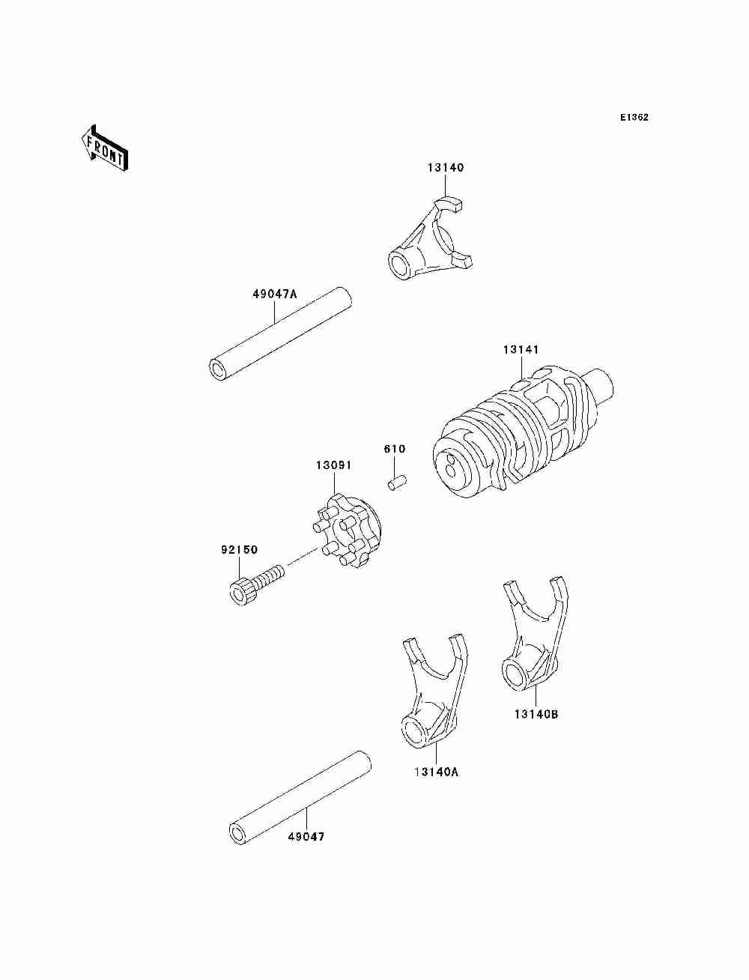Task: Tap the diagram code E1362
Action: [634, 118]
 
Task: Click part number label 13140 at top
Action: [446, 168]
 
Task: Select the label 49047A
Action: [274, 294]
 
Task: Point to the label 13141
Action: [521, 350]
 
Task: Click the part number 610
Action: [395, 450]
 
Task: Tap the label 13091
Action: [333, 465]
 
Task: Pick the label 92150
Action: [239, 550]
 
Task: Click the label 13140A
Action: [435, 771]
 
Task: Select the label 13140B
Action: [536, 714]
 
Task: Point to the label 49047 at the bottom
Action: [306, 837]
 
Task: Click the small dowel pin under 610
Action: [396, 482]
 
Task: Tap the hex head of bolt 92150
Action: [240, 591]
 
